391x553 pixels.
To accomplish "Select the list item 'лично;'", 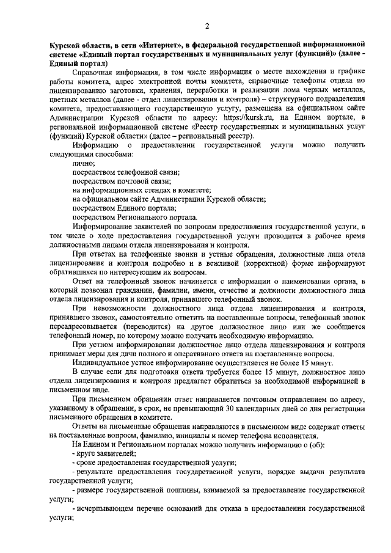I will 82,163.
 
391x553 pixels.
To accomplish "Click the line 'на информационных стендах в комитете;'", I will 141,191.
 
